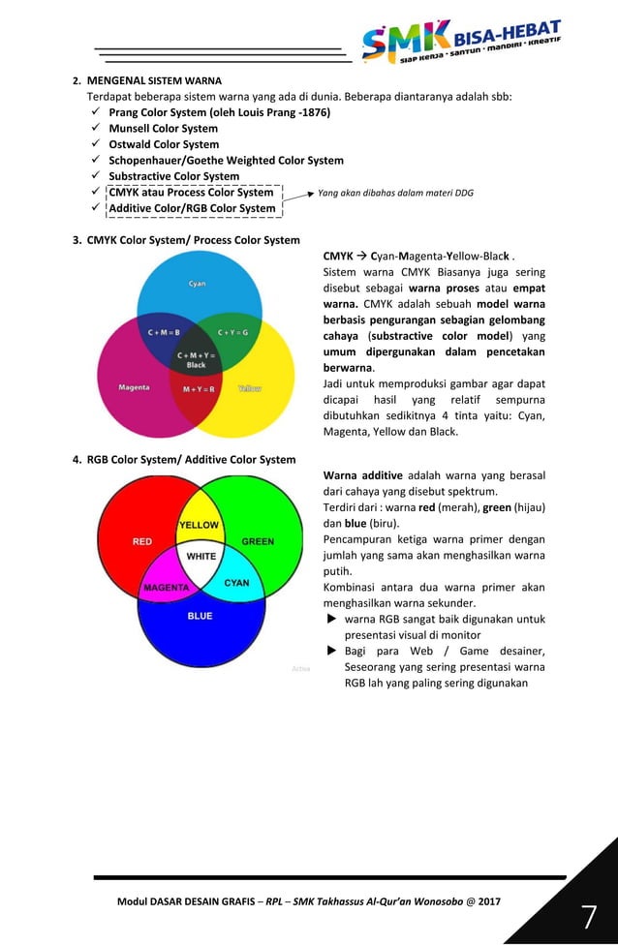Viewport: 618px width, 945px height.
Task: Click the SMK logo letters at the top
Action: click(x=405, y=40)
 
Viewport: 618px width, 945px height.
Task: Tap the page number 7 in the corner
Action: click(x=588, y=916)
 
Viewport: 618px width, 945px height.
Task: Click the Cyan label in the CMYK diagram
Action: click(x=197, y=283)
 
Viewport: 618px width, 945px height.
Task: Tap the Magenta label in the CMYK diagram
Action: click(x=134, y=388)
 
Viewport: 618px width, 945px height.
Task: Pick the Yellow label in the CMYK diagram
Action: click(x=250, y=388)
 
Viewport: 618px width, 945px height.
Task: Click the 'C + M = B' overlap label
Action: click(x=164, y=332)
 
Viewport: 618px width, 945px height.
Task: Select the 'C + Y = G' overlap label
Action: click(x=232, y=332)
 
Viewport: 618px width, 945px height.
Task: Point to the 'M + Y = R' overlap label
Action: click(x=199, y=389)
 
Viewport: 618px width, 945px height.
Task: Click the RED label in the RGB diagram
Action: click(x=142, y=542)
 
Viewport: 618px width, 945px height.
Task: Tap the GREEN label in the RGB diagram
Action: click(x=258, y=542)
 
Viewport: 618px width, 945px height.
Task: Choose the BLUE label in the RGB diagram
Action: click(x=200, y=616)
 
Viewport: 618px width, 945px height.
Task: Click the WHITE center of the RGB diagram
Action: click(x=201, y=557)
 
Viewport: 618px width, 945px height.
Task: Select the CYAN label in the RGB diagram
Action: click(x=237, y=583)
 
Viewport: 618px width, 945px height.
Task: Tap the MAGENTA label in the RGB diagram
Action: click(x=166, y=588)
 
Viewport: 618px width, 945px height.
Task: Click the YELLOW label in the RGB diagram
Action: click(x=200, y=525)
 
